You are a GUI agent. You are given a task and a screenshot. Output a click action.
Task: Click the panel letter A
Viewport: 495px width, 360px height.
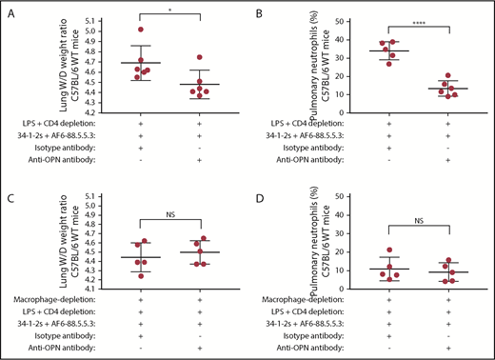click(7, 10)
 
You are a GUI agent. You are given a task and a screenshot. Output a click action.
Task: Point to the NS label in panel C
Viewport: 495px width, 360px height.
click(168, 207)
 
